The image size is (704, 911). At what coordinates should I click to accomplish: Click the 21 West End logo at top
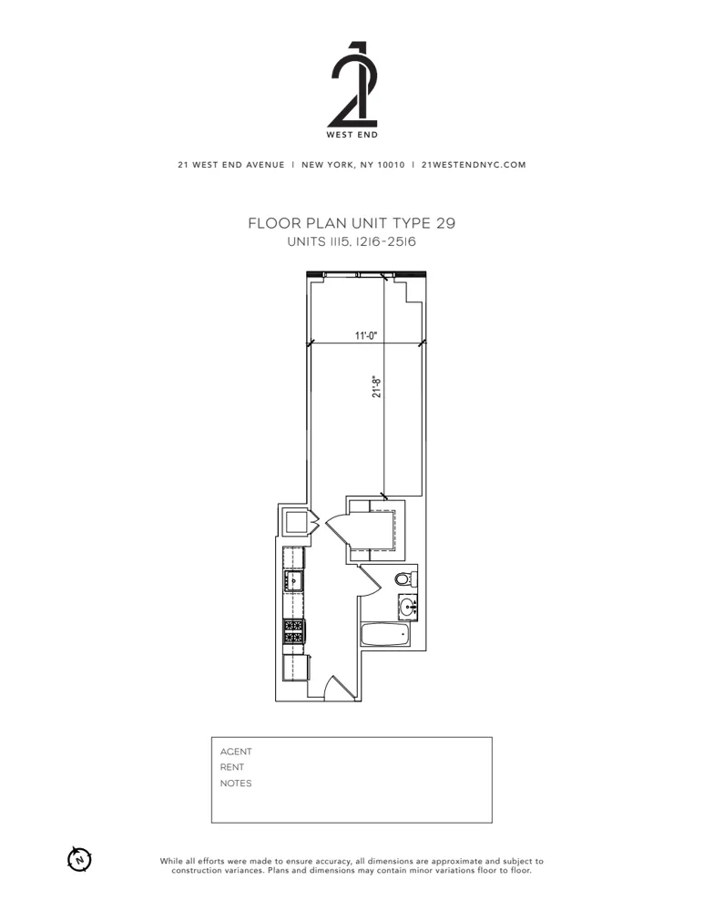352,89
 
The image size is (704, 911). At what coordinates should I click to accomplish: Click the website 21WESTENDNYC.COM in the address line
474,165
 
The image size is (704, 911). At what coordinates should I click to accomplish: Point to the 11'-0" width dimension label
366,336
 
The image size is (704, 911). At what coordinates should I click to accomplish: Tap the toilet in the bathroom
404,578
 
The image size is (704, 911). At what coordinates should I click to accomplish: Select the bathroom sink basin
407,605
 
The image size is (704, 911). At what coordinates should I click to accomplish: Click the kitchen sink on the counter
293,580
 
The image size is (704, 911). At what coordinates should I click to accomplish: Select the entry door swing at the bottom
337,689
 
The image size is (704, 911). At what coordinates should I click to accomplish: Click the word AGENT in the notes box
236,752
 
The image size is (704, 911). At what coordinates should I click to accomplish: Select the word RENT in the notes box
232,767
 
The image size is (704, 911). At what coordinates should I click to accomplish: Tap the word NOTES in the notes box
236,783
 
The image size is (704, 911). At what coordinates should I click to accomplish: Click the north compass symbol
80,858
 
